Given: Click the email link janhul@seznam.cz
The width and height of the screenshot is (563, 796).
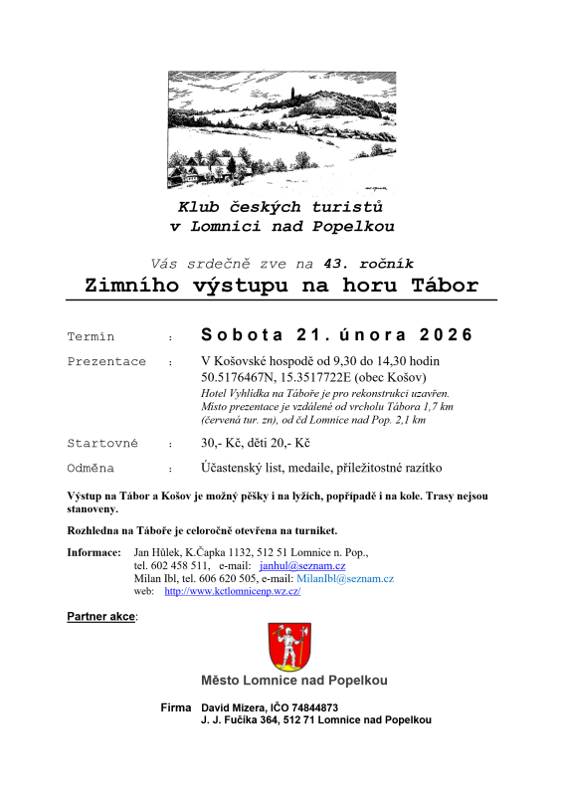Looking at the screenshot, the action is (308, 565).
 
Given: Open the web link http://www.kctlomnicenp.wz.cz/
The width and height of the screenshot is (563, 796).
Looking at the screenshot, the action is (232, 591).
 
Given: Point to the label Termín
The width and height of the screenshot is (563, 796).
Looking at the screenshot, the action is (91, 336).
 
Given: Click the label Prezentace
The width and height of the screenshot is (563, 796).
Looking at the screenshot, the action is (106, 361).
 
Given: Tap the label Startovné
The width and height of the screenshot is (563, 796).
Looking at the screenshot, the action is (102, 443).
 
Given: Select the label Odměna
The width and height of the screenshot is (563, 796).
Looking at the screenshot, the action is (91, 468).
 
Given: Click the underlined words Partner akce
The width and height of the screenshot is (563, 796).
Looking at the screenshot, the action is (100, 617).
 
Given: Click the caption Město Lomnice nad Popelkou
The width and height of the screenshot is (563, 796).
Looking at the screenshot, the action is (293, 681).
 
